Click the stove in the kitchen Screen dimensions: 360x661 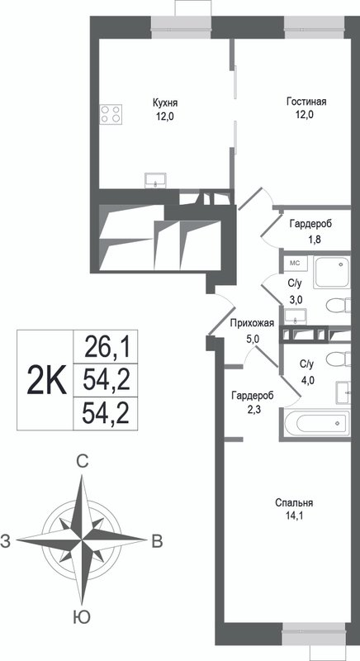(x=111, y=114)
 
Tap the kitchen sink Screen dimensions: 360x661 (x=156, y=180)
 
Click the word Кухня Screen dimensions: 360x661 (x=165, y=102)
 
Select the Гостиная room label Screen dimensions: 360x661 (x=306, y=102)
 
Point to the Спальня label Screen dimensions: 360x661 (x=294, y=503)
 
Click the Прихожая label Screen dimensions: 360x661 (x=252, y=324)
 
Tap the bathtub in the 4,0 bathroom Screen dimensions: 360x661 (x=316, y=424)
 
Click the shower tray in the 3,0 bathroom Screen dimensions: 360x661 (x=332, y=273)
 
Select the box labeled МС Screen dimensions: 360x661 (x=295, y=263)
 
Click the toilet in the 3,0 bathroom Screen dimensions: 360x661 (x=339, y=306)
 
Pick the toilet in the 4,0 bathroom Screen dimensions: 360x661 (x=339, y=360)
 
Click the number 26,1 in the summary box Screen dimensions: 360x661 (x=106, y=347)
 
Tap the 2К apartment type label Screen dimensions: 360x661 (x=46, y=380)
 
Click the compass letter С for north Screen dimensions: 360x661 (x=83, y=462)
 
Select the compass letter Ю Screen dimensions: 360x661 (x=81, y=617)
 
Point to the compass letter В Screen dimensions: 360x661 (x=157, y=541)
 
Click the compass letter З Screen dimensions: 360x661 (x=6, y=541)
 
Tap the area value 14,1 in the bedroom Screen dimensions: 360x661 (x=294, y=515)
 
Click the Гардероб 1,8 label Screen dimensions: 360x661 (x=310, y=230)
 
